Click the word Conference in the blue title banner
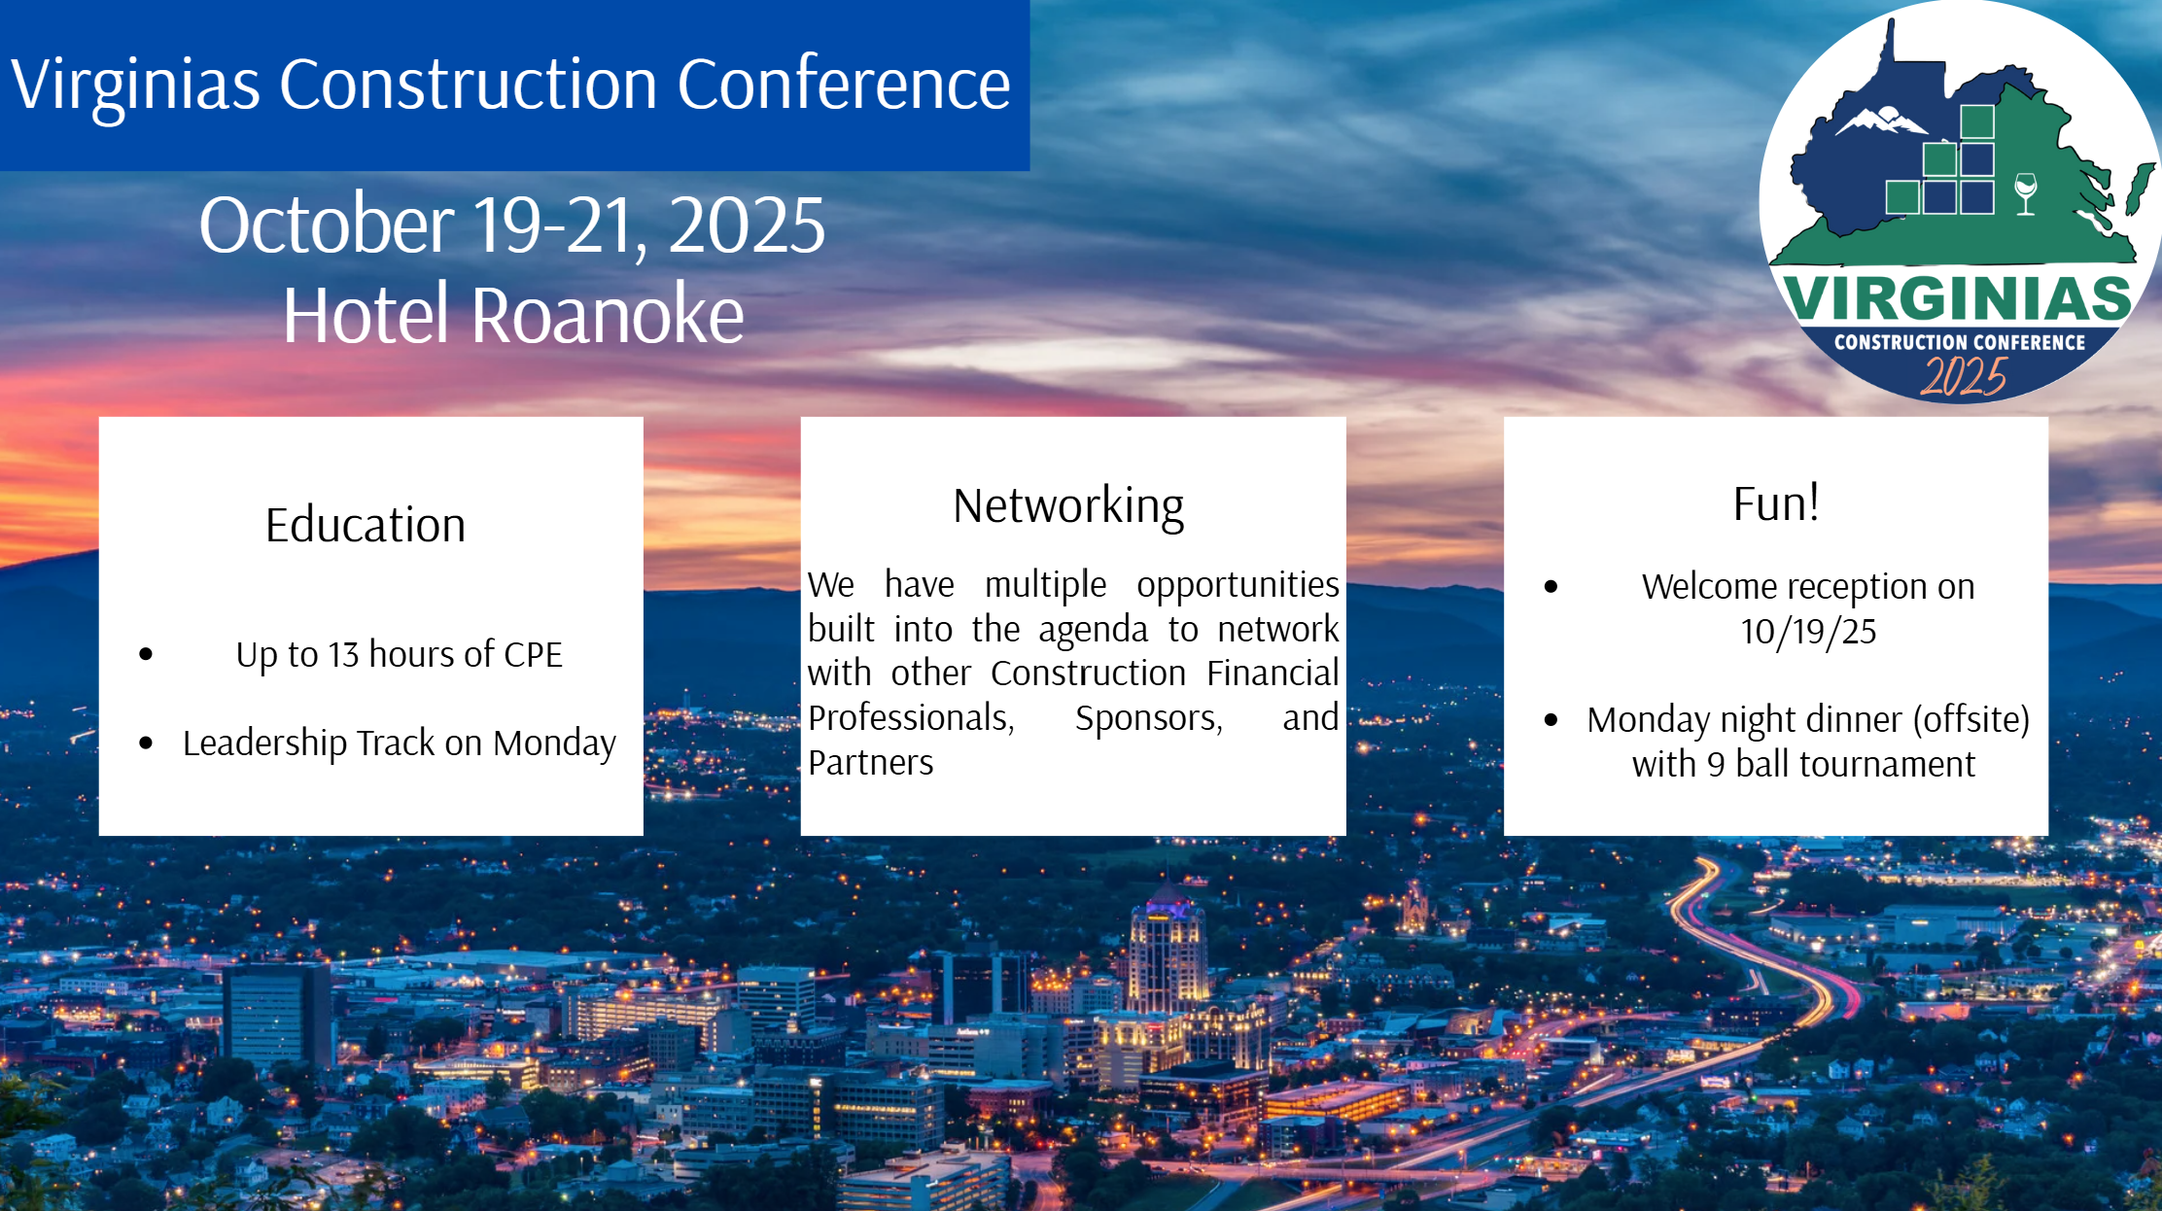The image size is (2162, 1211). click(x=844, y=84)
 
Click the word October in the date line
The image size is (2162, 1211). click(x=327, y=225)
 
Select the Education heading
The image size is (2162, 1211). click(x=366, y=525)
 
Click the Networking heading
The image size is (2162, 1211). click(x=1068, y=506)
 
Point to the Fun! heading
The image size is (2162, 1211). click(x=1776, y=503)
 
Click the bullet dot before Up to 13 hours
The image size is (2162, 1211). click(x=146, y=654)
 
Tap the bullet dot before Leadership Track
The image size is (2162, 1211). click(x=146, y=744)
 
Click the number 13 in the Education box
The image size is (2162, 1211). click(x=343, y=655)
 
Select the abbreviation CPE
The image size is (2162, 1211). click(x=533, y=655)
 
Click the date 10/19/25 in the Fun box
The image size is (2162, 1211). click(x=1808, y=632)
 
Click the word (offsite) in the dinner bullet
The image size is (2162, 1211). click(x=1971, y=720)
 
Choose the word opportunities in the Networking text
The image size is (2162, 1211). click(x=1238, y=585)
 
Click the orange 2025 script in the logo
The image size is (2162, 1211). click(x=1964, y=377)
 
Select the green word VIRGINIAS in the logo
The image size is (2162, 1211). click(x=1957, y=298)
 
